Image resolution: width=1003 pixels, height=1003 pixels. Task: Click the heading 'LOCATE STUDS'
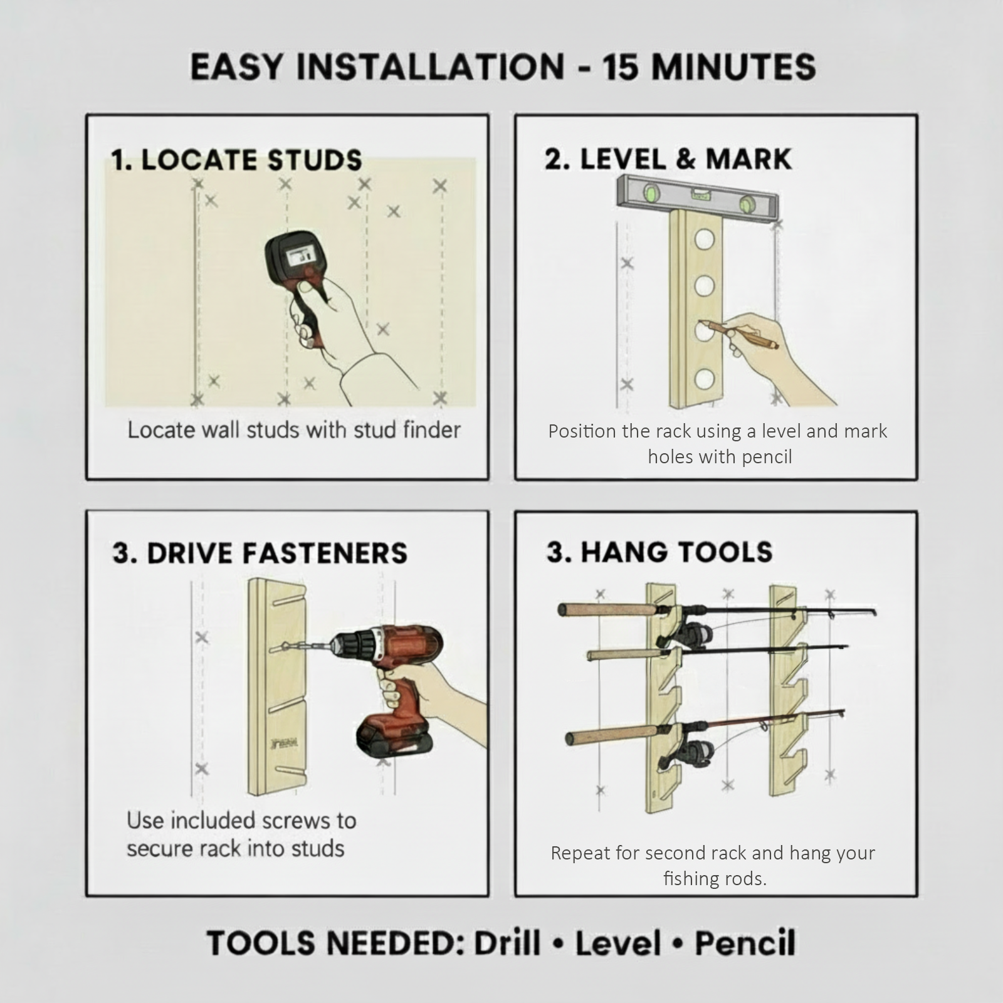(251, 160)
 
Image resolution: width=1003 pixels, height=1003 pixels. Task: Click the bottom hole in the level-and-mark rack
(704, 379)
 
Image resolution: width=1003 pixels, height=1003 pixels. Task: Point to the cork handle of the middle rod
(621, 655)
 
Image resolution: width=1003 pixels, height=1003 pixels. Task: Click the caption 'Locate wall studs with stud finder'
(294, 430)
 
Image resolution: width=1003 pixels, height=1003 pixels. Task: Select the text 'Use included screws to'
(241, 821)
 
